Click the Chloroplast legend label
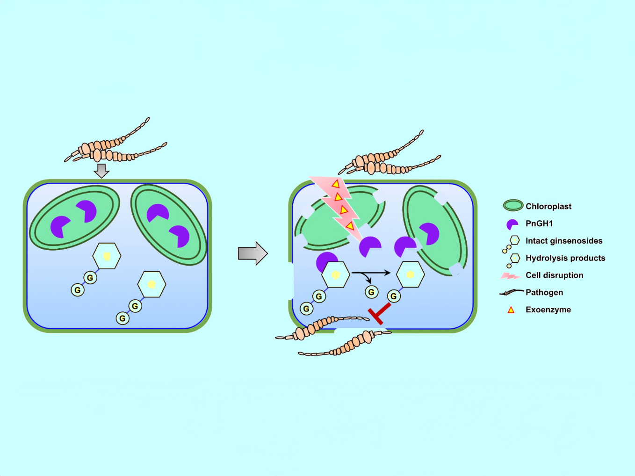(548, 206)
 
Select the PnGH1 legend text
(539, 224)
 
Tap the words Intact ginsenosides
(563, 241)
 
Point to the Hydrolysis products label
(565, 258)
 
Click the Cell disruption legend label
(554, 275)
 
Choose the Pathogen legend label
(544, 293)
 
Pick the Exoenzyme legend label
(548, 310)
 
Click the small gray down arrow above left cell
(101, 170)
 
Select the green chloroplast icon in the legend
(513, 205)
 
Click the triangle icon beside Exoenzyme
(511, 310)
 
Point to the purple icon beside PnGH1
(512, 224)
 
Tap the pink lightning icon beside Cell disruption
(510, 276)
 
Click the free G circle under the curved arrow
(371, 292)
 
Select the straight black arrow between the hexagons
(371, 273)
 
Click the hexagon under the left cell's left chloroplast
(107, 256)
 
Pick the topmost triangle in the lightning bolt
(335, 184)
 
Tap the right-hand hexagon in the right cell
(410, 274)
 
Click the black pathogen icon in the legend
(511, 293)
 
